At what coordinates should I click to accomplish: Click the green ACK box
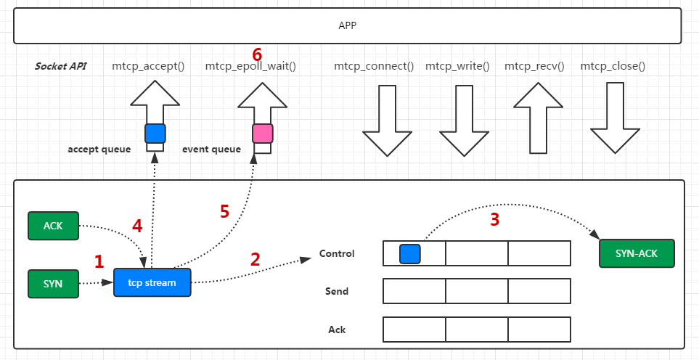pos(53,226)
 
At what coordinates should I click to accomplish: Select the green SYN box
pos(53,283)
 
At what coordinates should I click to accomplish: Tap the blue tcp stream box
pos(152,282)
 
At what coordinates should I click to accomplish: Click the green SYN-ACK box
pos(637,253)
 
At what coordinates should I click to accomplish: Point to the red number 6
pos(256,54)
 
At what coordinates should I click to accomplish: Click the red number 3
pos(494,220)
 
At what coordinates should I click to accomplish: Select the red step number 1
pos(100,262)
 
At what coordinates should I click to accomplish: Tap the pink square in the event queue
pos(262,133)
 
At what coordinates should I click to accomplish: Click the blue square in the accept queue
pos(155,133)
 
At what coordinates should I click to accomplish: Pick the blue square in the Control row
pos(410,253)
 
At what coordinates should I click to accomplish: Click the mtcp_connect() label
pos(374,67)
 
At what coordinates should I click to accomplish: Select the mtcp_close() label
pos(613,67)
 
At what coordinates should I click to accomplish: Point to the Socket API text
pos(61,67)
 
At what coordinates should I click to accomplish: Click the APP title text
pos(348,25)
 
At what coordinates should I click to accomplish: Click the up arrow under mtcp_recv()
pos(538,118)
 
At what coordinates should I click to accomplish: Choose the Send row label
pos(337,292)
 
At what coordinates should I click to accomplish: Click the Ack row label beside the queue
pos(337,330)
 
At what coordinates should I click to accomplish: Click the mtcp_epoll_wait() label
pos(250,67)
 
